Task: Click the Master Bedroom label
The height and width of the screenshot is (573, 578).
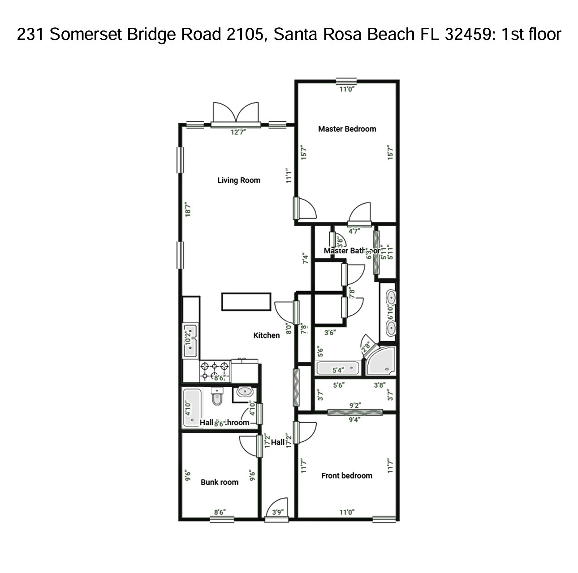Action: pyautogui.click(x=347, y=129)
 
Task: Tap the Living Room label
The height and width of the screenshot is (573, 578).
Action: pyautogui.click(x=239, y=180)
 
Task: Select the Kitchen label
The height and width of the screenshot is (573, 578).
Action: pyautogui.click(x=267, y=335)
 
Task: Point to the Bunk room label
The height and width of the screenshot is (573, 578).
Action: pyautogui.click(x=220, y=482)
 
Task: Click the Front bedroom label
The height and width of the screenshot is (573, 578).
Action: pyautogui.click(x=347, y=475)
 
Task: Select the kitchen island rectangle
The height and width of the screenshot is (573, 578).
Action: pyautogui.click(x=246, y=301)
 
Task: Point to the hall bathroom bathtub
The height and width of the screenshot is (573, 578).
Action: pyautogui.click(x=192, y=407)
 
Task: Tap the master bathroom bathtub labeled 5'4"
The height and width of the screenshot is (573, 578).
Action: pyautogui.click(x=338, y=368)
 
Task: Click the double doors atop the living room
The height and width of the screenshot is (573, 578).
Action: pyautogui.click(x=236, y=113)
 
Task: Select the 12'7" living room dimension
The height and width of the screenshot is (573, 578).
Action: pyautogui.click(x=238, y=132)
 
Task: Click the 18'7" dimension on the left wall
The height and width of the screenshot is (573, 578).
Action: pyautogui.click(x=189, y=210)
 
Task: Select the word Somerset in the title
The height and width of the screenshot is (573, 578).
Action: pyautogui.click(x=86, y=34)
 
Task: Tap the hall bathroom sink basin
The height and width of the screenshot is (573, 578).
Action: pyautogui.click(x=245, y=392)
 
